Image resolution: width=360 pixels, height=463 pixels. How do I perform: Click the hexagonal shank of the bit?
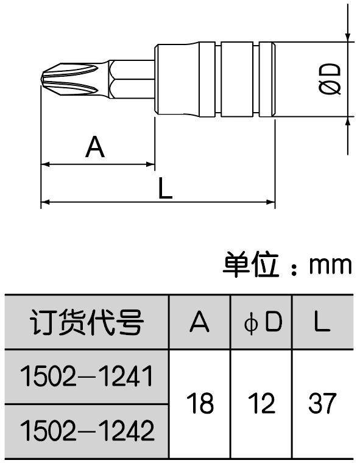click(x=132, y=79)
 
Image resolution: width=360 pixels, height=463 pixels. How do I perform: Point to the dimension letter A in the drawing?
click(x=95, y=147)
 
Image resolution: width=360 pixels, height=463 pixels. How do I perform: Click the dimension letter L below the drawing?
click(x=165, y=188)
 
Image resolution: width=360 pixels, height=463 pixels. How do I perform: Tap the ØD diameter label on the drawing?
click(x=330, y=79)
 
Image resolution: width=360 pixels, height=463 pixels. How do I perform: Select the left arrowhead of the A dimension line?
click(x=45, y=164)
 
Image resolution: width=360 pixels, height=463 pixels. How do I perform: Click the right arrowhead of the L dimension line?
click(x=271, y=202)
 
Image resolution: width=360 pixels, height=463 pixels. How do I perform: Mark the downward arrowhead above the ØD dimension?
click(x=348, y=37)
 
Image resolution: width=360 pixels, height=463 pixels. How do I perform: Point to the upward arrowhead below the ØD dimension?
click(x=348, y=122)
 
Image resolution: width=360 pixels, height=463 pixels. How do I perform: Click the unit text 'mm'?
click(x=331, y=265)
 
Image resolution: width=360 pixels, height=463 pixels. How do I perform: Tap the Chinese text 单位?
click(x=250, y=264)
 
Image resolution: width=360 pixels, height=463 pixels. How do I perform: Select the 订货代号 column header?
click(x=86, y=322)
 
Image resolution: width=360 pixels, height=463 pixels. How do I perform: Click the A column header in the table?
click(x=200, y=322)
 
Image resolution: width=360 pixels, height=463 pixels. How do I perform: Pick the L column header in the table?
click(x=321, y=322)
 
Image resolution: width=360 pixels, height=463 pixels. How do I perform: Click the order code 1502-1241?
click(x=86, y=376)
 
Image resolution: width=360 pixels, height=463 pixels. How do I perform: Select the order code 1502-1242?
click(x=86, y=430)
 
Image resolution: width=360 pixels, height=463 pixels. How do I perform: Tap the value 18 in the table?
click(x=200, y=403)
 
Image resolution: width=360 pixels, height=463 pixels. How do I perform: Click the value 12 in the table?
click(x=262, y=403)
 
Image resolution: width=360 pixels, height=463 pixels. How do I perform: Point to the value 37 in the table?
click(x=322, y=403)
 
